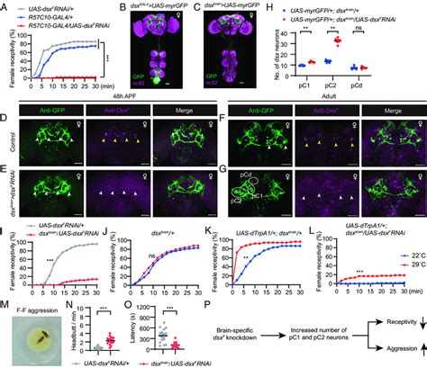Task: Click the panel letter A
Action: pos(5,6)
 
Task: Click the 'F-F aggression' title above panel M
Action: pos(45,294)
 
